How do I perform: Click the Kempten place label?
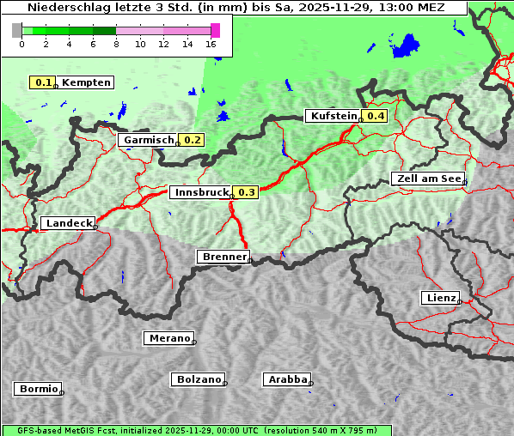(x=86, y=82)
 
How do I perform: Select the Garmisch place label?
(x=149, y=140)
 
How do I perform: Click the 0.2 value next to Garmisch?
(x=192, y=140)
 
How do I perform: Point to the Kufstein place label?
(x=333, y=116)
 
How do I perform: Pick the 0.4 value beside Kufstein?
(x=376, y=116)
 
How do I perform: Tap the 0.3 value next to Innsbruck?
(x=246, y=193)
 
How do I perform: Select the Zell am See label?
(x=428, y=179)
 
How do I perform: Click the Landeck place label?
(x=68, y=223)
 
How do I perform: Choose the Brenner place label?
(x=223, y=257)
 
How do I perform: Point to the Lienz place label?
(x=440, y=298)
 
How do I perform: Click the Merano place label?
(x=168, y=338)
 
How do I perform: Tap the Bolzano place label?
(x=199, y=378)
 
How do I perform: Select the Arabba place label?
(x=287, y=378)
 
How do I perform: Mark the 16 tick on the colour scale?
(x=211, y=44)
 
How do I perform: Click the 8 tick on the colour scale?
(x=116, y=44)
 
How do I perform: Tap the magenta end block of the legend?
(x=215, y=30)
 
